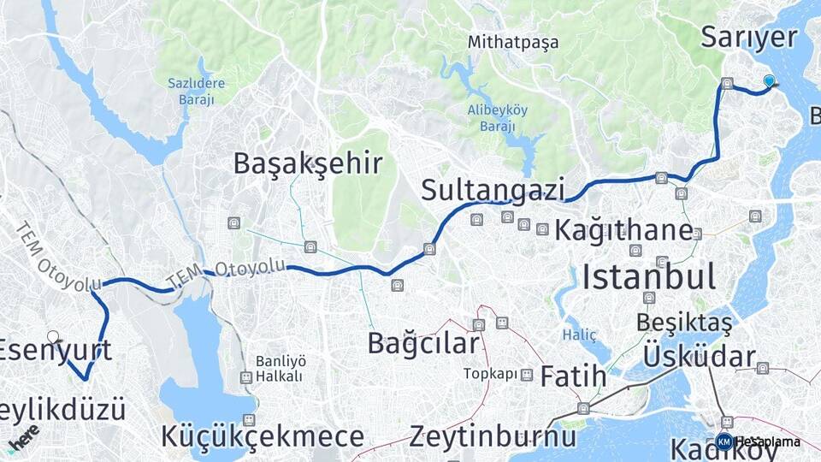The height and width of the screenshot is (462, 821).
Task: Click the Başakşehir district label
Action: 307,164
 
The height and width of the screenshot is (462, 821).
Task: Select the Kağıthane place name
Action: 623,230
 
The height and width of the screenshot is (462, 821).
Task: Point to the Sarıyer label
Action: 748,38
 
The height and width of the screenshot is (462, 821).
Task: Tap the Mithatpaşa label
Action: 513,42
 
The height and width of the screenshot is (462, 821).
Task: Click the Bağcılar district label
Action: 423,343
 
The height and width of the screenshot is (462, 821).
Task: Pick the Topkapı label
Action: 491,374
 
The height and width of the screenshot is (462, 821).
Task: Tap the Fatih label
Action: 574,376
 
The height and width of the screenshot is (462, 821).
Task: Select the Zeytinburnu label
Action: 492,436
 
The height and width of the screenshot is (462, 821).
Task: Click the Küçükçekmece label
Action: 262,436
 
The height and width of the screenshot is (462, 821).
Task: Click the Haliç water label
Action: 579,335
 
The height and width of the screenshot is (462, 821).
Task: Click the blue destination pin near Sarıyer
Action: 769,81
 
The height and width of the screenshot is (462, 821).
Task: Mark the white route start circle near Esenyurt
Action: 53,337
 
